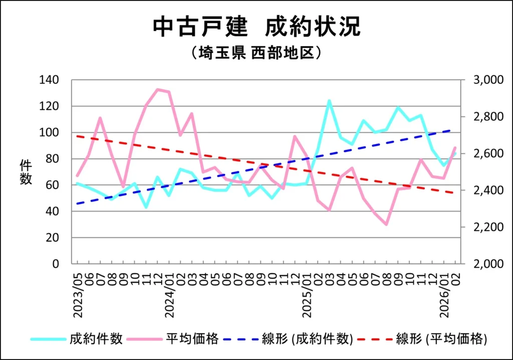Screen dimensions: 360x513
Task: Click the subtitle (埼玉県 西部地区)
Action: click(256, 53)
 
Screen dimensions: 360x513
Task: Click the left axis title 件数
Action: click(26, 172)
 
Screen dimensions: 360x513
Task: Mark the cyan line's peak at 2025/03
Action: click(329, 101)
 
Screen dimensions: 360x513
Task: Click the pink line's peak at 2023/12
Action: click(157, 90)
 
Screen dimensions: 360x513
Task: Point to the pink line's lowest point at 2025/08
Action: click(387, 224)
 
